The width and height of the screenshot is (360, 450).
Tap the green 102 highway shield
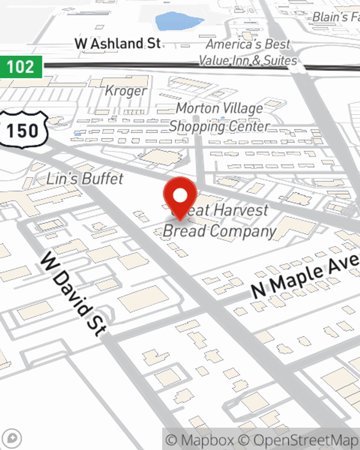[x=21, y=67]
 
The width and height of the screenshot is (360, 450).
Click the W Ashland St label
[x=118, y=44]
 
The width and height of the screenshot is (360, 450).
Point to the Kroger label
[x=126, y=91]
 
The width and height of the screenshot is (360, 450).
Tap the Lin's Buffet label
[x=85, y=179]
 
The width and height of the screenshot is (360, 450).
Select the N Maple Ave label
[x=305, y=276]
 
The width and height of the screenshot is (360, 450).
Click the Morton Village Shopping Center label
[x=220, y=117]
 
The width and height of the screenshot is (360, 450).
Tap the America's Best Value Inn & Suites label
[x=248, y=52]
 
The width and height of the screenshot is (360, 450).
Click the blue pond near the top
[x=175, y=22]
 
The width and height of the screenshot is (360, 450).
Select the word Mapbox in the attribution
[x=207, y=440]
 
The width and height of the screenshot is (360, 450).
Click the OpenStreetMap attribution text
[x=305, y=440]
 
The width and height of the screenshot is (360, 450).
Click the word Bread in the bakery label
[x=184, y=231]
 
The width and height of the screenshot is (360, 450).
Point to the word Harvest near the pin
[x=242, y=210]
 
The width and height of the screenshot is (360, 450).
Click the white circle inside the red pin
[x=180, y=195]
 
